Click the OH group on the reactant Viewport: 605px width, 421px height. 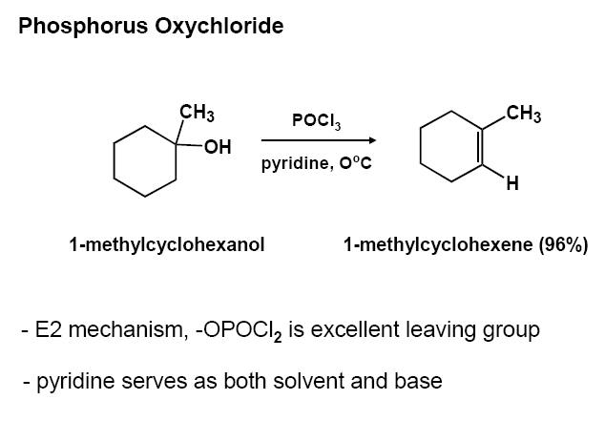(219, 146)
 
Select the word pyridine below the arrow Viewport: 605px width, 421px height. (293, 163)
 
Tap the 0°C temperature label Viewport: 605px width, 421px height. (352, 163)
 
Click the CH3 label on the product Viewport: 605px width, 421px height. (524, 116)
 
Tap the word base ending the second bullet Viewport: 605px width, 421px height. (419, 381)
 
